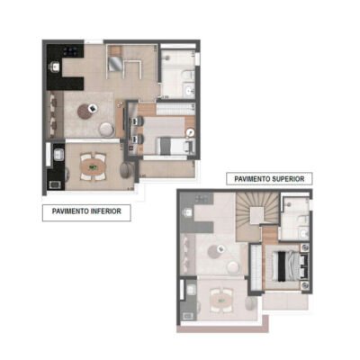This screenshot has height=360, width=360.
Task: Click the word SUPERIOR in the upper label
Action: tap(288, 179)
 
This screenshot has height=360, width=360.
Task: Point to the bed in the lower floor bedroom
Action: tap(170, 144)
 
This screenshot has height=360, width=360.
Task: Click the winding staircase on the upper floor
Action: tap(254, 216)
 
